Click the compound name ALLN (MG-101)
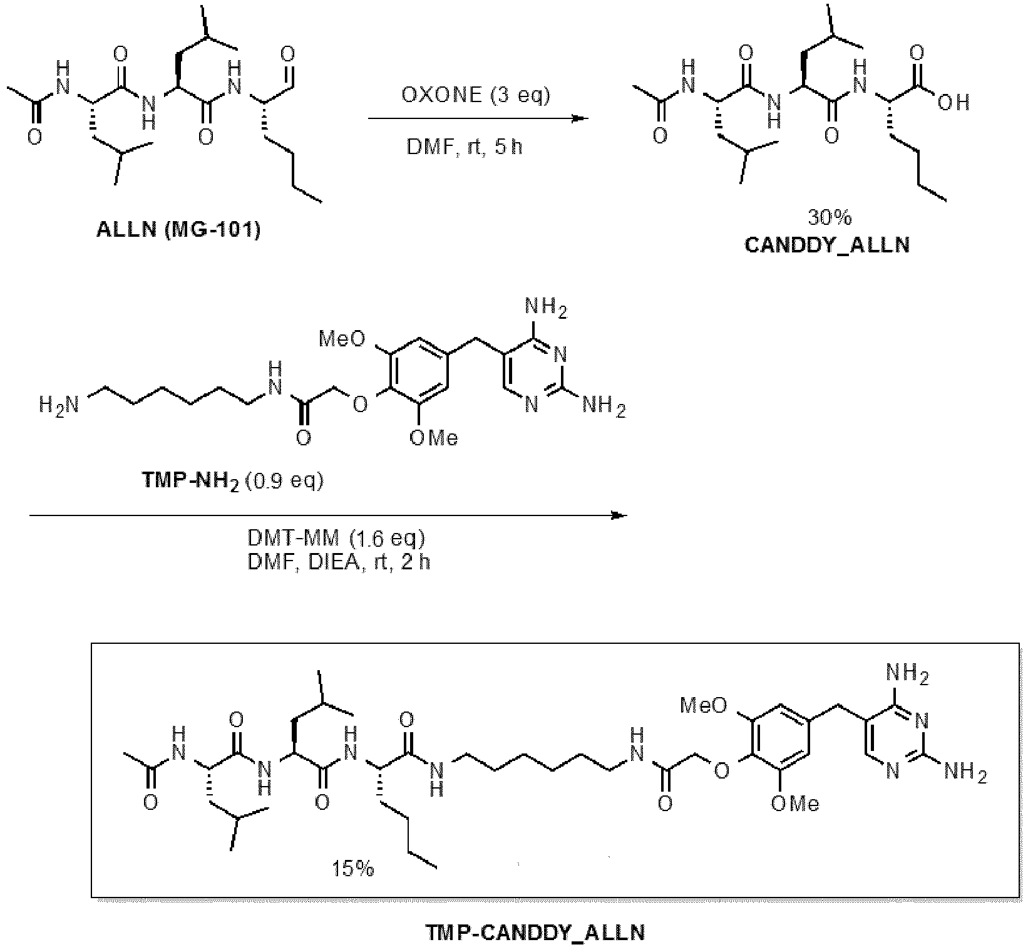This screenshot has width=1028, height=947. pos(178,230)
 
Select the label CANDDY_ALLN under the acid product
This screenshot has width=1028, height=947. pos(827,244)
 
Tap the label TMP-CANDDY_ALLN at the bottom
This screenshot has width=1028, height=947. pos(535,933)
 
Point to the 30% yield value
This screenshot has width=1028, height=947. pos(830,217)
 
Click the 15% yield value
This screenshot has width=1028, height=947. pos(353,869)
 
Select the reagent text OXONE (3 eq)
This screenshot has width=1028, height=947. pos(475,95)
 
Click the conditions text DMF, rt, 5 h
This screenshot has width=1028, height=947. pos(465,147)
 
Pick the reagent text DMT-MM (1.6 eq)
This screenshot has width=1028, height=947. pos(337,538)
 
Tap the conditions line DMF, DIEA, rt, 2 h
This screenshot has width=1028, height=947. pos(339,562)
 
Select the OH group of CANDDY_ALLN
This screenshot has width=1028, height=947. pos(953,102)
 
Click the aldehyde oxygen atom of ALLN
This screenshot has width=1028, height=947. pos(289,53)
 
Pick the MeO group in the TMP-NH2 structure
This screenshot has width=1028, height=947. pos(342,339)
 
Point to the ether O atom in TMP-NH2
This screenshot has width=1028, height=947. pos(359,405)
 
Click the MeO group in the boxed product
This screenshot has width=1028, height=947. pos(704,706)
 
